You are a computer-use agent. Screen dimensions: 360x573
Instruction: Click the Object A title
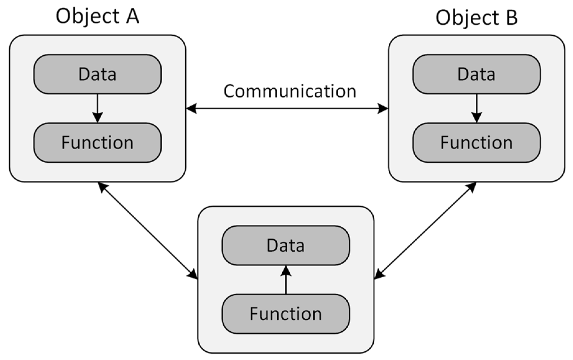tap(97, 16)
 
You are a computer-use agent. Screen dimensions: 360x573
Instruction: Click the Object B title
tap(476, 17)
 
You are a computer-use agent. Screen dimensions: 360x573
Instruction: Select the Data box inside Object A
tap(97, 74)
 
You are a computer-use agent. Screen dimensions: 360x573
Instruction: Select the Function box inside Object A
tap(97, 143)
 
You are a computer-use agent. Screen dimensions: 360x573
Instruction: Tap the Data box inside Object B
tap(476, 74)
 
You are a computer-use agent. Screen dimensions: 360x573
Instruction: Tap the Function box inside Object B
tap(476, 143)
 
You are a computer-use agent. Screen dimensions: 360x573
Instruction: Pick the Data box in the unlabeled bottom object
tap(286, 245)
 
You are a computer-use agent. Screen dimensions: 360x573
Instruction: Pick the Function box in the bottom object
tap(286, 314)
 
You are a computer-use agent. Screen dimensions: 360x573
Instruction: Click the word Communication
tap(290, 91)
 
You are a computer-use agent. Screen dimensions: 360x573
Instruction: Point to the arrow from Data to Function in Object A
tap(98, 107)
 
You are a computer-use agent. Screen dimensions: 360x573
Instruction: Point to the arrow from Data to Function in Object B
tap(477, 107)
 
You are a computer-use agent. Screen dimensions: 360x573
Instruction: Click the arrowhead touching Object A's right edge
tap(191, 108)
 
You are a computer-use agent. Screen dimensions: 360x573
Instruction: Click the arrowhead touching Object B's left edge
tap(383, 108)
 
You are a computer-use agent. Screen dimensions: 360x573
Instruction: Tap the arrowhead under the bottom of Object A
tap(102, 187)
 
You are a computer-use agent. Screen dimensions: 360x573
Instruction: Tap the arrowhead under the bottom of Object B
tap(472, 187)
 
